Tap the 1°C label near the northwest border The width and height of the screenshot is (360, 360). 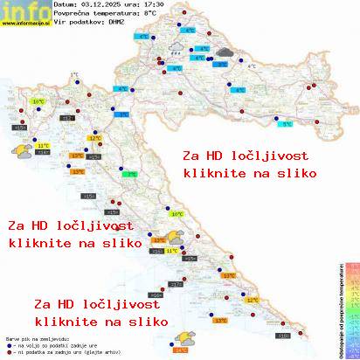pyautogui.click(x=73, y=75)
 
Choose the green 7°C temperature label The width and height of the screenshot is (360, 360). pyautogui.click(x=131, y=175)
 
